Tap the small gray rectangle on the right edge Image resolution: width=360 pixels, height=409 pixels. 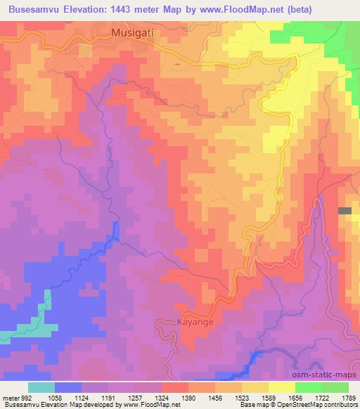click(x=345, y=211)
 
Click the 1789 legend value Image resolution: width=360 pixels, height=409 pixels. click(x=348, y=398)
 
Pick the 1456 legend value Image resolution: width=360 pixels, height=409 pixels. click(x=215, y=398)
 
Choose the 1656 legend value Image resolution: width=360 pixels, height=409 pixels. click(x=295, y=398)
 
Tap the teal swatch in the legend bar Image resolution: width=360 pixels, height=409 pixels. click(x=41, y=387)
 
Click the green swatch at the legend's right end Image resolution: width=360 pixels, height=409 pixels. click(x=335, y=387)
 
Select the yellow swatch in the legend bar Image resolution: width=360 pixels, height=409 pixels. click(x=281, y=387)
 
